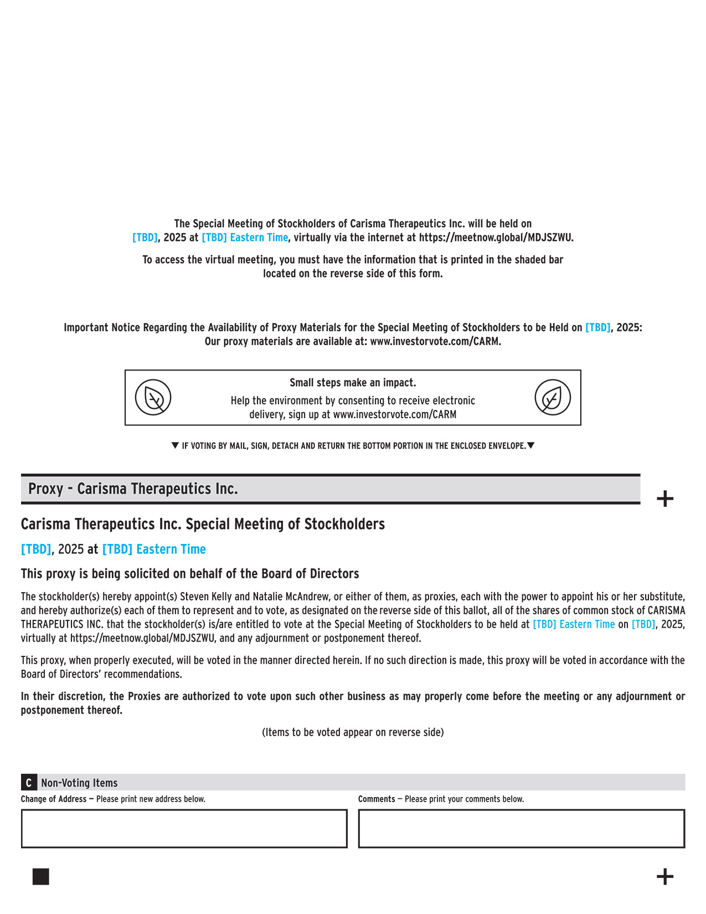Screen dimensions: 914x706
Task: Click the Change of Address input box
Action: [184, 828]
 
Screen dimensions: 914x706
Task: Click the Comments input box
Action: [521, 828]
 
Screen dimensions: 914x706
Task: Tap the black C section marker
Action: [29, 783]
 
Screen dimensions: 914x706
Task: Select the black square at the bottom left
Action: [41, 876]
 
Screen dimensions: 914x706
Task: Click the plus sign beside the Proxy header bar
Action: [664, 499]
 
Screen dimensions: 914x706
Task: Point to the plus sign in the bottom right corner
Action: [664, 876]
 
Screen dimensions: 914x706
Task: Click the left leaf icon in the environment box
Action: [153, 397]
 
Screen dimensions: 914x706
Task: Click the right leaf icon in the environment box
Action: [552, 397]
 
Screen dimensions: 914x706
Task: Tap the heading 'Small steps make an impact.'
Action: [353, 383]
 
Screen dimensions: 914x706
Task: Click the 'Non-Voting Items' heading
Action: [79, 783]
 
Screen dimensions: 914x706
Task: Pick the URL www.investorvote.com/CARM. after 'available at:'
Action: [435, 341]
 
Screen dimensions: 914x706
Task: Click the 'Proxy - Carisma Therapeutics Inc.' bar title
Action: [133, 489]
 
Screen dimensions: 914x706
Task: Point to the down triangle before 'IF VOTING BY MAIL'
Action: [176, 445]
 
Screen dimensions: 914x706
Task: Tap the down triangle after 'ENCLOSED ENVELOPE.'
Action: [530, 445]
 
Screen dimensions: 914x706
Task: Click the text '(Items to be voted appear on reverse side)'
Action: [353, 732]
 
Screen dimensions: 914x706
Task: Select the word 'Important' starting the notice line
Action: [86, 327]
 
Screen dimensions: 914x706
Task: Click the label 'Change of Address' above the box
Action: [54, 799]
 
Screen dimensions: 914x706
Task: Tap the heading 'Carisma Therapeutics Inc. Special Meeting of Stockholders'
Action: [203, 524]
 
